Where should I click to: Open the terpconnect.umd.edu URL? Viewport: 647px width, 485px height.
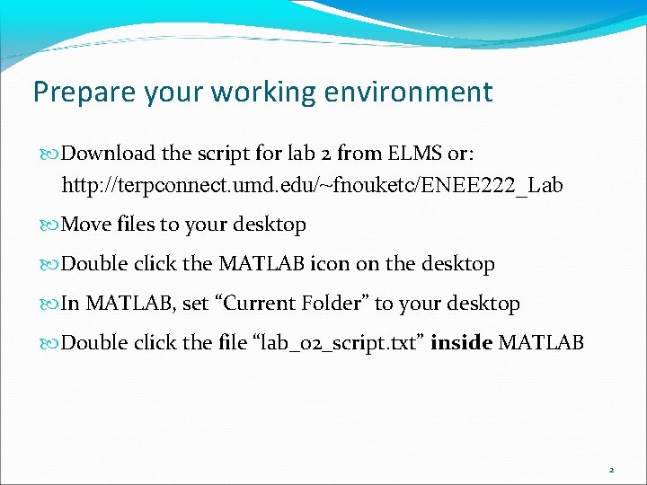(312, 186)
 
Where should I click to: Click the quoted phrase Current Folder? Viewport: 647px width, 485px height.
(291, 304)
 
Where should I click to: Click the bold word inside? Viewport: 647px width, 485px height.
(461, 343)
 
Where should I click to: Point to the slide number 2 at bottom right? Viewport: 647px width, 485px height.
(611, 469)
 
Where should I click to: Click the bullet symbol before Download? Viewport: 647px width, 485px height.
(53, 154)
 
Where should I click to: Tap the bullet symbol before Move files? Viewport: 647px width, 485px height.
(53, 225)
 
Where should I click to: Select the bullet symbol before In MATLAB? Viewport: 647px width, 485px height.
(53, 304)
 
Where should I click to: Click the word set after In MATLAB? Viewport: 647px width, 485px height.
(194, 304)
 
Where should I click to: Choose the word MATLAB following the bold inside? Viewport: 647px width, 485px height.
(541, 343)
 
